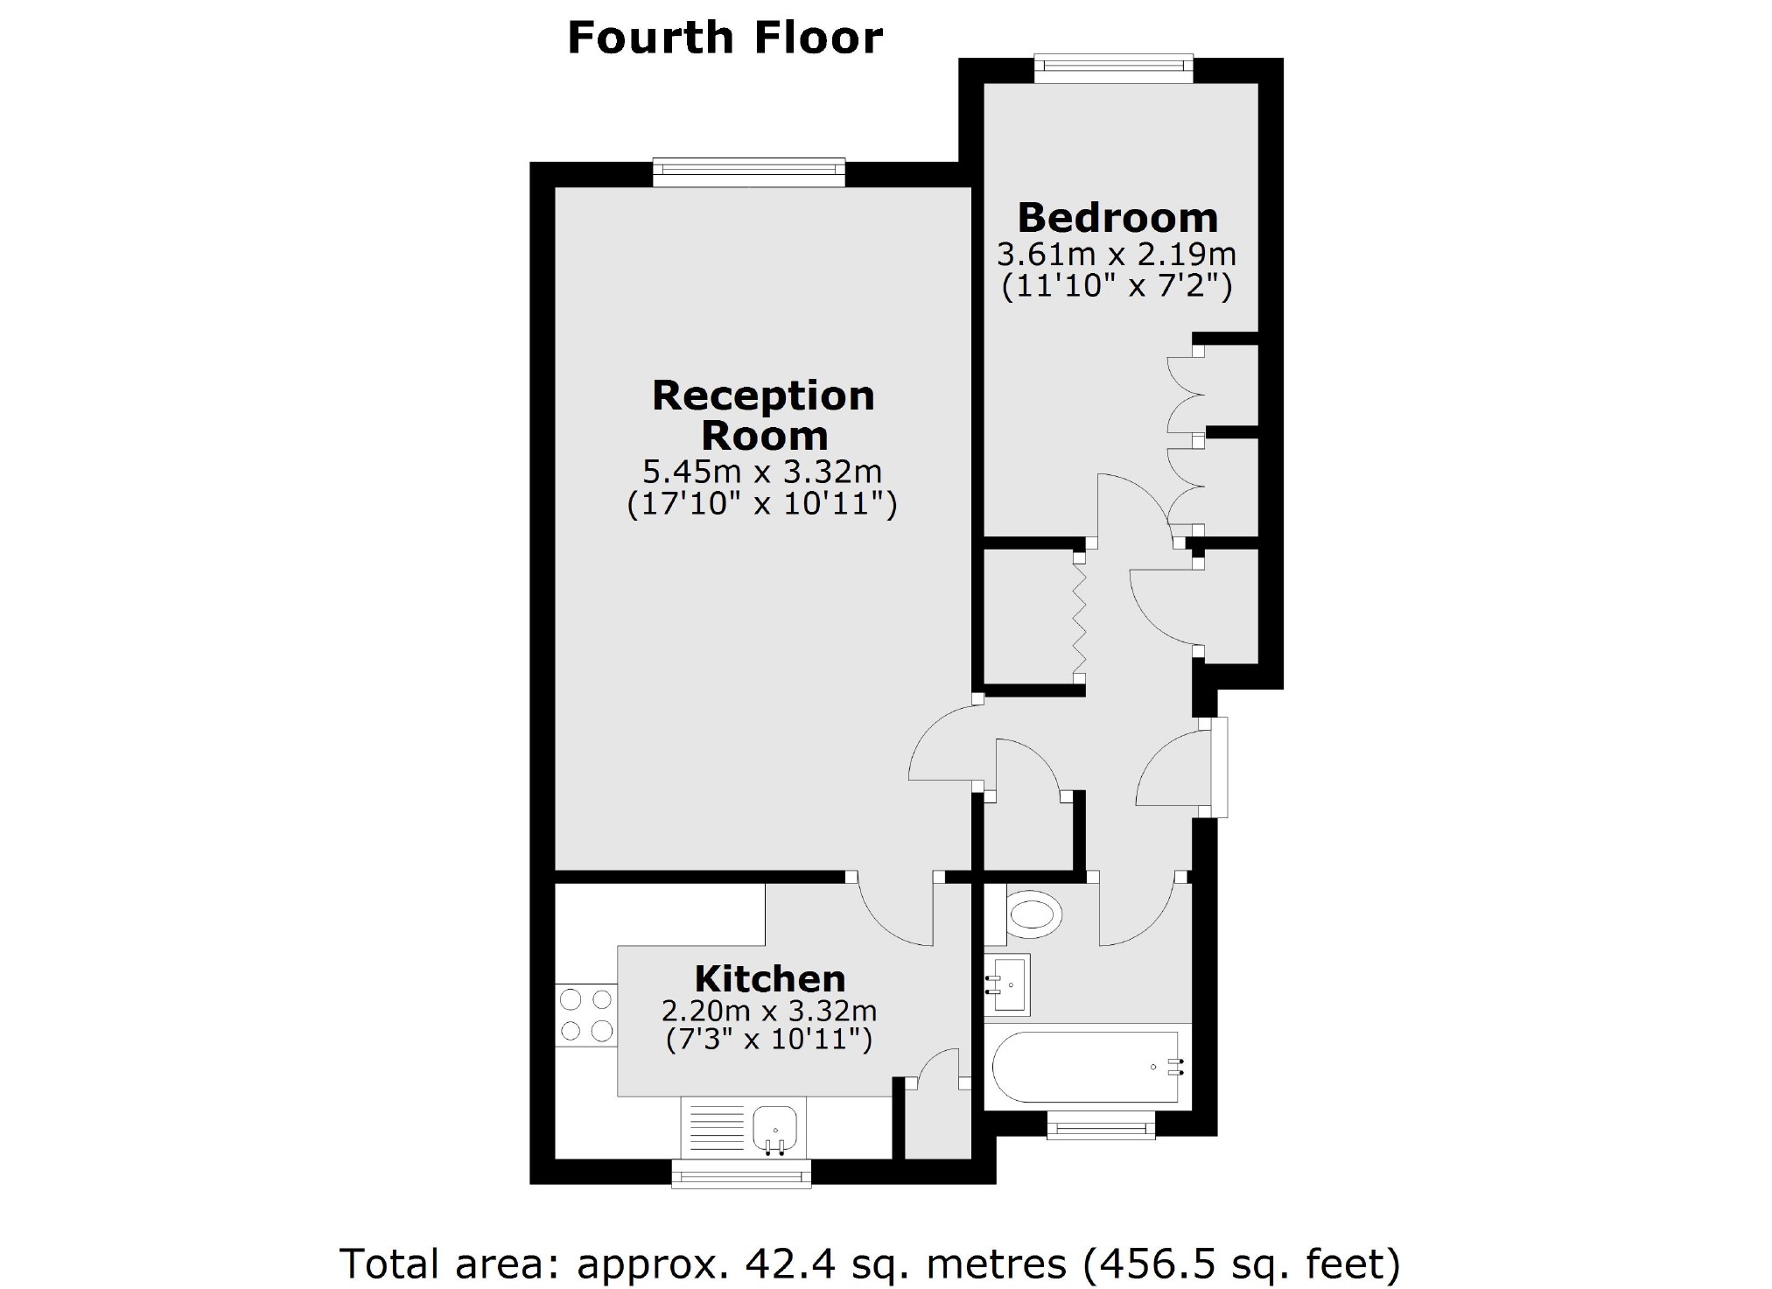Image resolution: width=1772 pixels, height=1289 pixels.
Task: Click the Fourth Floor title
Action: [x=725, y=39]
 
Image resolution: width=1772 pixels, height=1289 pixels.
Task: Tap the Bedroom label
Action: [x=1117, y=218]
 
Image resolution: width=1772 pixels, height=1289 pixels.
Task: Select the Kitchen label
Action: [x=770, y=978]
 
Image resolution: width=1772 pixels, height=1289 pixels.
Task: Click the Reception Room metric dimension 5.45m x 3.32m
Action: [x=762, y=473]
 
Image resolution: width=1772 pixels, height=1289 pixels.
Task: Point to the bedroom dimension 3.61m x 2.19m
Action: [x=1117, y=256]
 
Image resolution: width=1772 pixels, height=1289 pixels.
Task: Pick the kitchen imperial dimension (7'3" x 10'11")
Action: [x=769, y=1040]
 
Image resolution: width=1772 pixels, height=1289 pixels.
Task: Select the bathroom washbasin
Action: [x=1007, y=984]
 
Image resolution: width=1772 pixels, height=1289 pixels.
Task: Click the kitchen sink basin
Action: [x=775, y=1128]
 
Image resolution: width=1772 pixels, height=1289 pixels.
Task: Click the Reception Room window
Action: [x=749, y=172]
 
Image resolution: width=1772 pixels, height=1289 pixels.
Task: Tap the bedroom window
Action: [x=1113, y=69]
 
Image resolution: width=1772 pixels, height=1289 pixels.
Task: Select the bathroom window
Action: [x=1101, y=1125]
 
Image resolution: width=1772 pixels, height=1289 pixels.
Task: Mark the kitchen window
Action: [x=741, y=1173]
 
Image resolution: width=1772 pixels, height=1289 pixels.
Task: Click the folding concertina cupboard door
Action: [x=1080, y=618]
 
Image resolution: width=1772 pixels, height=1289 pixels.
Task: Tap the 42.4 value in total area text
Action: [x=777, y=1264]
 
